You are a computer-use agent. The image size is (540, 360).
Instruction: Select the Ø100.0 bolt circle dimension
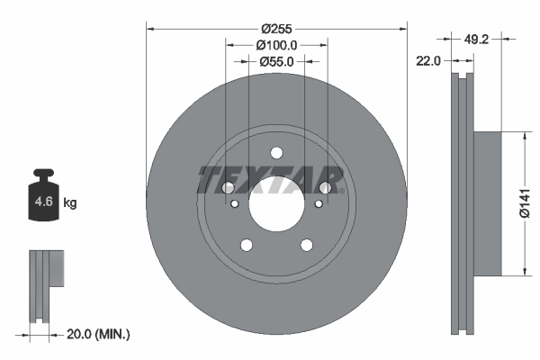click(x=276, y=44)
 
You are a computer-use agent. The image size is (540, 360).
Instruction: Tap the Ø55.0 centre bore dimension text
click(x=276, y=61)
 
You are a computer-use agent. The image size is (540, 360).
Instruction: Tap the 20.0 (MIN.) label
click(x=99, y=334)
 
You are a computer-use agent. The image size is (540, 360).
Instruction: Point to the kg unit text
click(x=70, y=203)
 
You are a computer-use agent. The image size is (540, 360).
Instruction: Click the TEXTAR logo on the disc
click(x=271, y=179)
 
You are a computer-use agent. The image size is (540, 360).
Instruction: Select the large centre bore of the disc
click(x=276, y=209)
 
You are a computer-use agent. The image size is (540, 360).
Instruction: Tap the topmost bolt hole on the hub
click(x=276, y=152)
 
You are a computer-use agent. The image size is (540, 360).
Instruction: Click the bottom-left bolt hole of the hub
click(x=245, y=245)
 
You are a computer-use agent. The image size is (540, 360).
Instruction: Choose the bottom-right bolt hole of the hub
click(x=307, y=245)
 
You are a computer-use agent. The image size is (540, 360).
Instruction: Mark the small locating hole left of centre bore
click(x=235, y=203)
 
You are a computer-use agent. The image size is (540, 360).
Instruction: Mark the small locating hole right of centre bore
click(x=318, y=203)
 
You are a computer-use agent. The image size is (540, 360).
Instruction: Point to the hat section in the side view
click(x=486, y=204)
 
